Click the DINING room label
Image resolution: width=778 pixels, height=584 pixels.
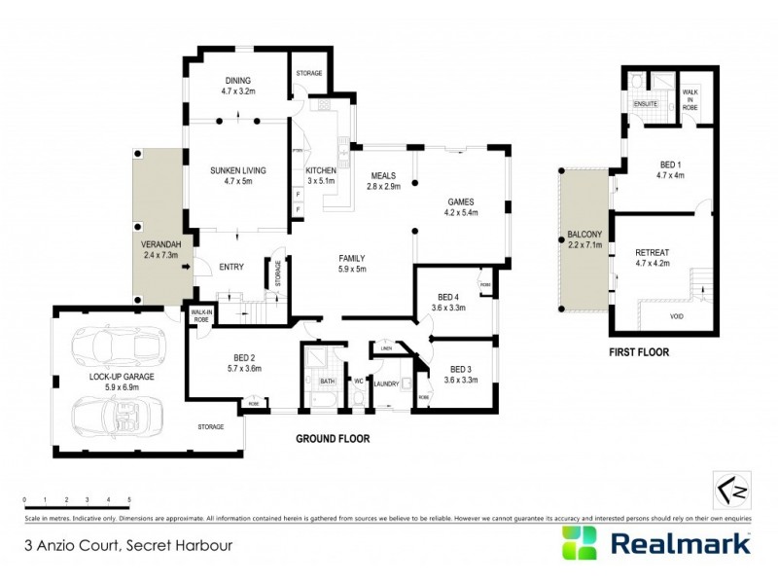(238, 81)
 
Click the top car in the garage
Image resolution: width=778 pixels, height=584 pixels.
(110, 346)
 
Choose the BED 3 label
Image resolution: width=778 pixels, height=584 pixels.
(460, 369)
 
